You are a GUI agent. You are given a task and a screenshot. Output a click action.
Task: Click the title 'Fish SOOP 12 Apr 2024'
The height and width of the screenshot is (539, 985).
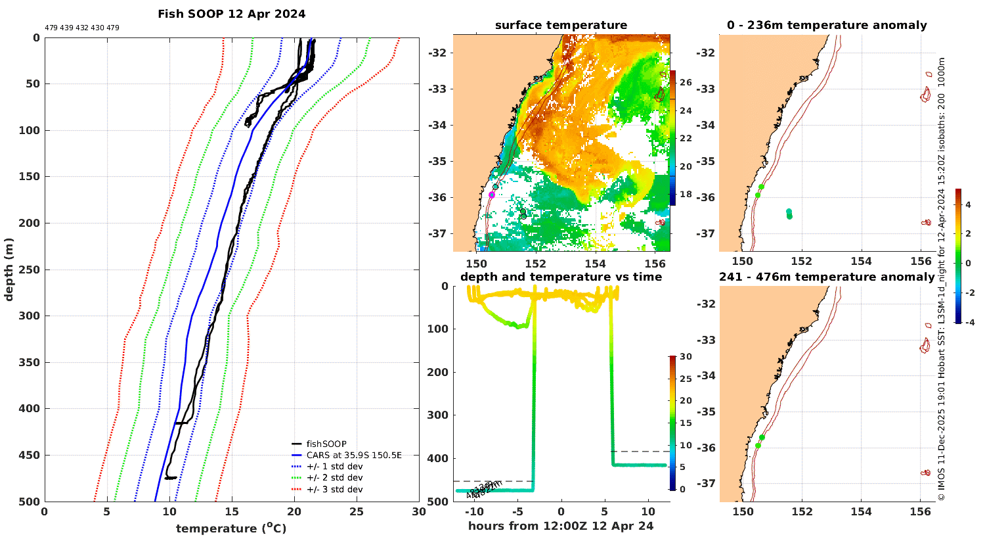(x=231, y=14)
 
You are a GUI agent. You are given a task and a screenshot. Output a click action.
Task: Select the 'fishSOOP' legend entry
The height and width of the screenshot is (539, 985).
(x=326, y=444)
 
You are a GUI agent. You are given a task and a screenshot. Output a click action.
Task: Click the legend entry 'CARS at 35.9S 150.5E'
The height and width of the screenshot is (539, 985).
(x=353, y=455)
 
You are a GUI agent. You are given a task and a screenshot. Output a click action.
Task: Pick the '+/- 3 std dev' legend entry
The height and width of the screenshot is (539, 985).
(x=334, y=489)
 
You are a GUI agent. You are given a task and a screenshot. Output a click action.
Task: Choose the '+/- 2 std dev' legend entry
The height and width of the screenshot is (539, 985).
(x=334, y=478)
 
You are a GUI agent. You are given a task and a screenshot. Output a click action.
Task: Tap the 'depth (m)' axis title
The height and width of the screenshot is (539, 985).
(x=9, y=269)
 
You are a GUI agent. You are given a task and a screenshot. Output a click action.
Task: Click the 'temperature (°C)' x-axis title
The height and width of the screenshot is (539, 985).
(x=231, y=528)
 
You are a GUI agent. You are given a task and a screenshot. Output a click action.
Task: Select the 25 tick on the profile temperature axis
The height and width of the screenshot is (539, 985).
(x=356, y=511)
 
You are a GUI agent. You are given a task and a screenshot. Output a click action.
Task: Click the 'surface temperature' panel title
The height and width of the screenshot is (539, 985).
(x=561, y=26)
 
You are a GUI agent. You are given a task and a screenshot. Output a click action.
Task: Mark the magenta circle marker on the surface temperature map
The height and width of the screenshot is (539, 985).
(x=492, y=195)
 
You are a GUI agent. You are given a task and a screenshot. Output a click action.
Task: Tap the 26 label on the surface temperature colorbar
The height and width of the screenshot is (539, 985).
(x=686, y=83)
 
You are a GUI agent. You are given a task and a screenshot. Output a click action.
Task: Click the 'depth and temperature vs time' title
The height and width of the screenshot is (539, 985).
(x=561, y=277)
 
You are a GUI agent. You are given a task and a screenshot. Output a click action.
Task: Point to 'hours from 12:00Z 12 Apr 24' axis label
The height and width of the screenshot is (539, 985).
(x=561, y=526)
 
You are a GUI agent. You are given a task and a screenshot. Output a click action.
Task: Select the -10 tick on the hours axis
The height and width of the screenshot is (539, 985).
(x=474, y=511)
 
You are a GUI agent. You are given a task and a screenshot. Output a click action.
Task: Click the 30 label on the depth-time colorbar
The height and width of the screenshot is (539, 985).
(x=686, y=357)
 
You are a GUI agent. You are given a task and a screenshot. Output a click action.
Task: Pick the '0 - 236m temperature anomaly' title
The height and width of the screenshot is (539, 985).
(x=827, y=26)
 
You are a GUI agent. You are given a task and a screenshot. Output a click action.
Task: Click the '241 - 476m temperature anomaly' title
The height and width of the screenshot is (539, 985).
(x=827, y=277)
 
